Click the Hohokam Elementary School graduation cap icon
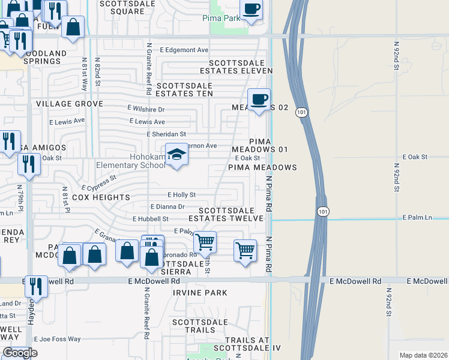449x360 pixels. point(176,155)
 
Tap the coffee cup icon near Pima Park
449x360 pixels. point(251,10)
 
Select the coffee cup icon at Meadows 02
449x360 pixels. point(259,99)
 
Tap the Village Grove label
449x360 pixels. point(70,104)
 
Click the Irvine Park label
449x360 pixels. point(200,293)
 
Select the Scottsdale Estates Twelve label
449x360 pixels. point(231,215)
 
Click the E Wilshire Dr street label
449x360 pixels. point(146,110)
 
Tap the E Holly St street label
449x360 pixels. point(181,195)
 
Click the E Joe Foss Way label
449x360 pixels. point(57,339)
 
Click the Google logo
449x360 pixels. point(20,353)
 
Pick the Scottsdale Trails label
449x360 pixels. point(193,326)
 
